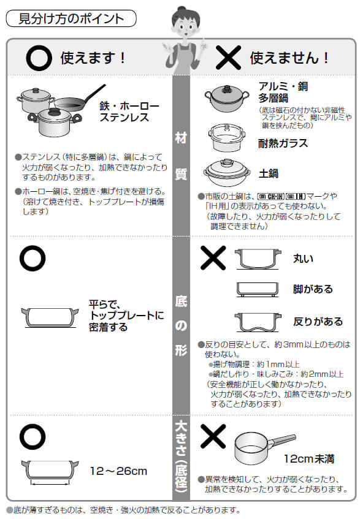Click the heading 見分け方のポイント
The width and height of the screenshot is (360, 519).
point(71,18)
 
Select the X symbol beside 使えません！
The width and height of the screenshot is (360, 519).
point(227,58)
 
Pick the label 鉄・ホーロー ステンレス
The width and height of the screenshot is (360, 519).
point(129,112)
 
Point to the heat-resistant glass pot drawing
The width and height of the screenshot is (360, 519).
point(227,138)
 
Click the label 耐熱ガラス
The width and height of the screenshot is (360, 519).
point(283,143)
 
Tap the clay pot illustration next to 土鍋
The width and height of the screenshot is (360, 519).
point(227,173)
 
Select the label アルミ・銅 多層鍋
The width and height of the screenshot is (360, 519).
point(282,91)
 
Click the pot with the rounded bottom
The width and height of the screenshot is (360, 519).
point(258,258)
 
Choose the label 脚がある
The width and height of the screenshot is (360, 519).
point(313,289)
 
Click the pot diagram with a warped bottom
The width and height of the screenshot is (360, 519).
point(258,320)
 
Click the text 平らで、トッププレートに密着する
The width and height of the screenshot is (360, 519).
point(126,315)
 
